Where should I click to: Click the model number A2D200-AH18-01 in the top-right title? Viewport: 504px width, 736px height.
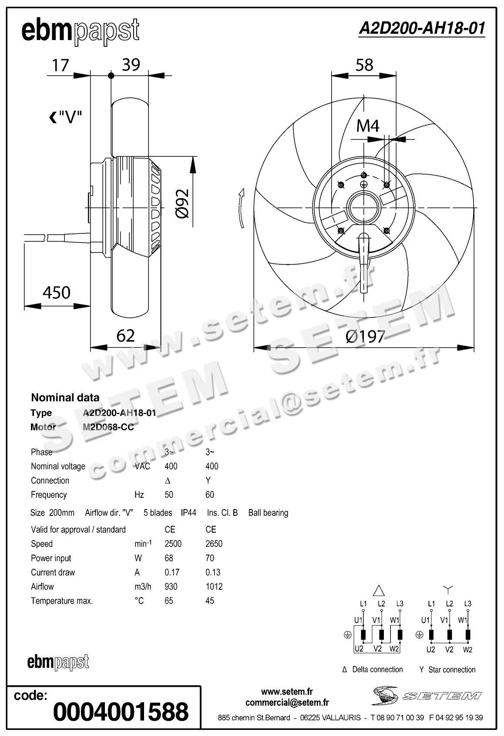[421, 29]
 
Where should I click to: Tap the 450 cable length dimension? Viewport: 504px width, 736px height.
[57, 292]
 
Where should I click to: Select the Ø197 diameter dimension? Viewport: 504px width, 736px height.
[365, 336]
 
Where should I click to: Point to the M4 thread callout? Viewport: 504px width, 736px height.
[368, 126]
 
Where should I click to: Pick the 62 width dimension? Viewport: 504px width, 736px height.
[125, 335]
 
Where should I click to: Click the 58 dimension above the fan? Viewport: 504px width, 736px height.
[364, 65]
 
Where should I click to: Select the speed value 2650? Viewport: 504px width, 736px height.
[214, 544]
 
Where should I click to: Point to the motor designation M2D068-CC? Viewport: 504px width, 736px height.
[108, 427]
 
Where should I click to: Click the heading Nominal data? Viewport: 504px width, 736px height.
[65, 397]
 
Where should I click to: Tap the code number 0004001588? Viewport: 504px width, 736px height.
[121, 712]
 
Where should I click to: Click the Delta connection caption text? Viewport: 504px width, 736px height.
[377, 669]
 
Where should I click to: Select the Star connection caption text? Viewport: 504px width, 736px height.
[451, 669]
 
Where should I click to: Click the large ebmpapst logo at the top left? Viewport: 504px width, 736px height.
[81, 31]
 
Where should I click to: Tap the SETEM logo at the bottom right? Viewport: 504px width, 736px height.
[427, 695]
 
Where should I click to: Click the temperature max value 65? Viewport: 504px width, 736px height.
[169, 601]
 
